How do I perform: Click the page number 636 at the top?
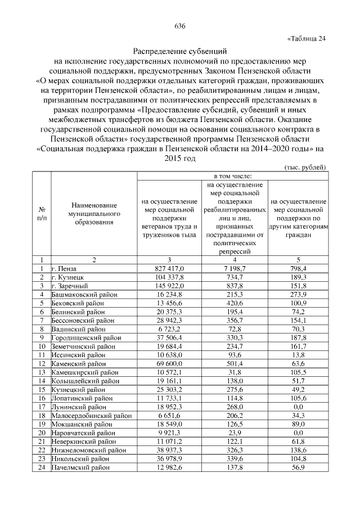click(x=180, y=26)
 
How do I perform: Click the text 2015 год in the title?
click(x=180, y=159)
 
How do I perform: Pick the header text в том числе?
click(x=231, y=176)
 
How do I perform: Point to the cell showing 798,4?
click(x=298, y=269)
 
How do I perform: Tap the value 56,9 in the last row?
click(x=298, y=467)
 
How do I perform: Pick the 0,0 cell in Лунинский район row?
click(x=298, y=407)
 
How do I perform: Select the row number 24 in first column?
click(x=42, y=467)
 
